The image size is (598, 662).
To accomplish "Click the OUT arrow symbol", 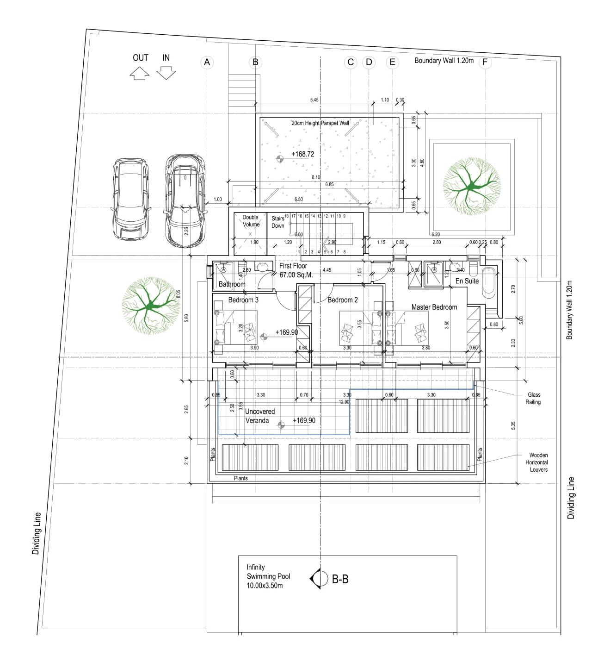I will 140,73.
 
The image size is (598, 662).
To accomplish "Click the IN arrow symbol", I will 166,73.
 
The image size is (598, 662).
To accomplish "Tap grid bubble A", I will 207,62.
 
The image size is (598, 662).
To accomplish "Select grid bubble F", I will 485,62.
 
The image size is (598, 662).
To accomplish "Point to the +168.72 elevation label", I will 302,154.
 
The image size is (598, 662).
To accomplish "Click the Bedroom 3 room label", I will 243,300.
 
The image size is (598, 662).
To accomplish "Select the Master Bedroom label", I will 434,307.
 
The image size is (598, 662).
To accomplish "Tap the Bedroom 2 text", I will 342,300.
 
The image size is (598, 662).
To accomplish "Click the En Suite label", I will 467,281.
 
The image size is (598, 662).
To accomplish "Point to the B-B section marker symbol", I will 318,578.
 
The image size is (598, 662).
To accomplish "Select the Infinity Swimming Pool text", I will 268,576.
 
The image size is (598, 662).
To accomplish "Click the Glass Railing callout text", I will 533,399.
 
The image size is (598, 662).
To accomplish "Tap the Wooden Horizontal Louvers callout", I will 538,462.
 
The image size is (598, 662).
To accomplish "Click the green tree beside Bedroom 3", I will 149,306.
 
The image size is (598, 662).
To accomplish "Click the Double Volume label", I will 251,221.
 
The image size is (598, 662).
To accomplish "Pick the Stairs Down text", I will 278,222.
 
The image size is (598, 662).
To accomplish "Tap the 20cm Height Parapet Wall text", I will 320,123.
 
